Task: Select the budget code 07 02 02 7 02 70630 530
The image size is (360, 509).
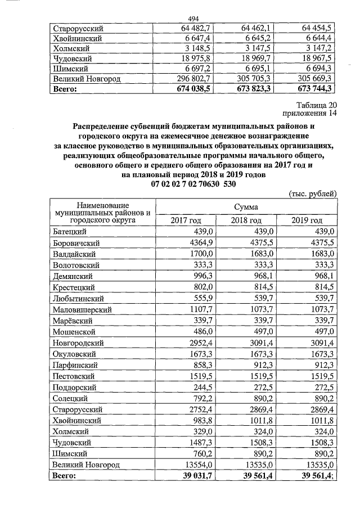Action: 194,183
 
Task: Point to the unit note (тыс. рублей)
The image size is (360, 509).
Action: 312,193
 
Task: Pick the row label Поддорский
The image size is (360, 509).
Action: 74,387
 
